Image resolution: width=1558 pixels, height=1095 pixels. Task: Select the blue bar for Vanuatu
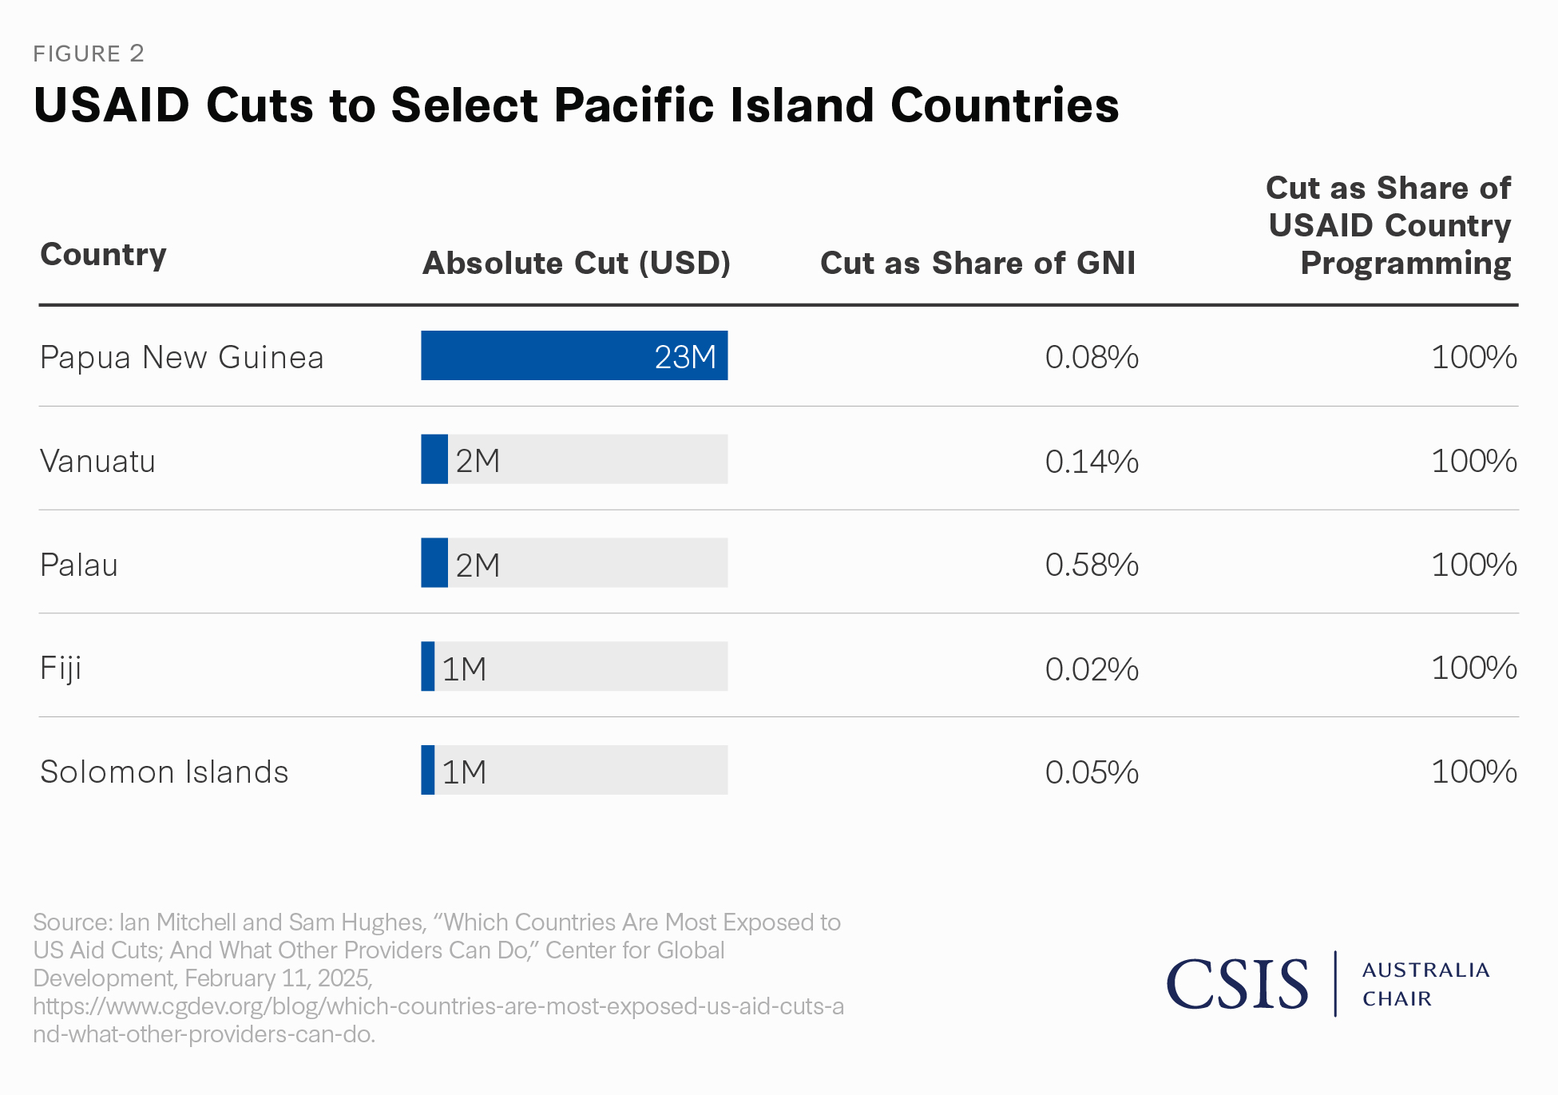[434, 459]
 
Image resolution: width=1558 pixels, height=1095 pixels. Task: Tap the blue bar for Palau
[434, 563]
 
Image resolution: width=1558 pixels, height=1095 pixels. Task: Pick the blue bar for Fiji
[428, 666]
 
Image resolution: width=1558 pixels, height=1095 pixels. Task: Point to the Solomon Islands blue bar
[428, 770]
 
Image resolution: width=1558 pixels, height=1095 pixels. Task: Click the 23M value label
[685, 357]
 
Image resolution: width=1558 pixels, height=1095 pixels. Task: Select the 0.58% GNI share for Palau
[1092, 565]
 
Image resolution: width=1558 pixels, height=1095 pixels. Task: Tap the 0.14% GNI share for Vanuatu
[1092, 461]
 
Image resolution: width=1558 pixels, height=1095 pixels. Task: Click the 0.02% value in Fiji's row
[1092, 669]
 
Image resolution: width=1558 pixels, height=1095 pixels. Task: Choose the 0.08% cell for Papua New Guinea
[1092, 357]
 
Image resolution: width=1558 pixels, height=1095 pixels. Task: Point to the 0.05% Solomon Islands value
[1092, 772]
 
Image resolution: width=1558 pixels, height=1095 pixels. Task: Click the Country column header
[103, 255]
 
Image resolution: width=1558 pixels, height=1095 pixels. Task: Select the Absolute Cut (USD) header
[576, 263]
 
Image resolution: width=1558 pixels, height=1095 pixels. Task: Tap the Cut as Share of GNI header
[977, 263]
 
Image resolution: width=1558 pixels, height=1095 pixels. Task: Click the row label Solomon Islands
[164, 772]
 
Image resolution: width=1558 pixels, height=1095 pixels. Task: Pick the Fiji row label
[61, 669]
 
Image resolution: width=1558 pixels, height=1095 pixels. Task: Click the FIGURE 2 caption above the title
[89, 54]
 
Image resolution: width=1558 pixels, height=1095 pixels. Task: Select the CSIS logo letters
[1237, 984]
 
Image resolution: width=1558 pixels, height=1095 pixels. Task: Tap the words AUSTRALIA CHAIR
[1425, 984]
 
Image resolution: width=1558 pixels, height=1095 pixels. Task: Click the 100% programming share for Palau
[1473, 565]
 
